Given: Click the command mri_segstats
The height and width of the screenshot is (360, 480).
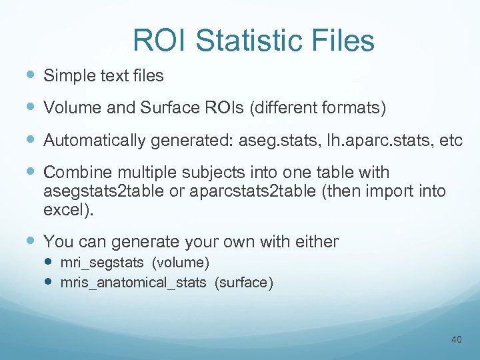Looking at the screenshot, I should click(101, 262).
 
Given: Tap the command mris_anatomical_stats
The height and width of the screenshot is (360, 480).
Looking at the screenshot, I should click(133, 282).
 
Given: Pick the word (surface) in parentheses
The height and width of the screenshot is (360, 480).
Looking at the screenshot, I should click(243, 282).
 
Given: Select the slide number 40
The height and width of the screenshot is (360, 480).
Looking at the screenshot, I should click(456, 340).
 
